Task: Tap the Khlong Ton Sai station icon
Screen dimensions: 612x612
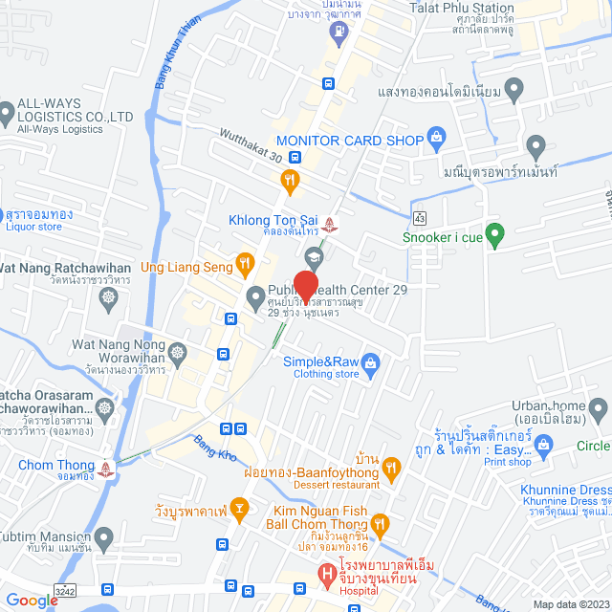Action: click(x=330, y=223)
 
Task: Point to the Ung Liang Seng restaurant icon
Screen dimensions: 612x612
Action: click(x=245, y=260)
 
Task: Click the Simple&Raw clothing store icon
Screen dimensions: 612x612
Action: click(x=372, y=361)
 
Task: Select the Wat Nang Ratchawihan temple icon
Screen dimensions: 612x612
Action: click(x=109, y=297)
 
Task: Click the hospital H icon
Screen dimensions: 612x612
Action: click(x=327, y=574)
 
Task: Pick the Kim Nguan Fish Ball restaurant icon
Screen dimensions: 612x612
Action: click(x=381, y=522)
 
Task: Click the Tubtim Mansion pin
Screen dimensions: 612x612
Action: click(x=104, y=536)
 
